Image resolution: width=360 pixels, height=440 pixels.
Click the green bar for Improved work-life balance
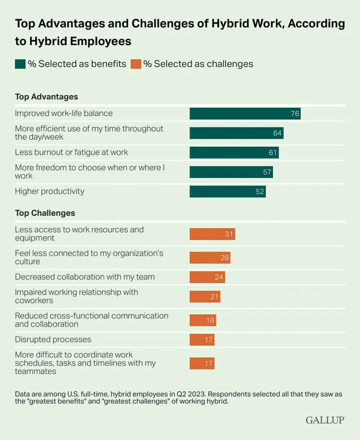click(245, 113)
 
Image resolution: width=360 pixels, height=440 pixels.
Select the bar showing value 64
click(237, 133)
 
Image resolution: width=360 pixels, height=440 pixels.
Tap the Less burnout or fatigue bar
click(234, 153)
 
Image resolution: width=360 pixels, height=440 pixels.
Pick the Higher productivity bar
click(228, 192)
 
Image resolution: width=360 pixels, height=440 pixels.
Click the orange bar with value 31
click(212, 234)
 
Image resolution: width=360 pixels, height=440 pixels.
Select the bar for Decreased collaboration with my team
click(207, 277)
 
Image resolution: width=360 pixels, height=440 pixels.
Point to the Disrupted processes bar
click(202, 340)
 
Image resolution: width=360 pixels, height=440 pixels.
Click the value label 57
click(267, 172)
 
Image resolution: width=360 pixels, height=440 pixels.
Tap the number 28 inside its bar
click(225, 258)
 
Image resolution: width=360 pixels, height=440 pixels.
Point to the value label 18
click(210, 320)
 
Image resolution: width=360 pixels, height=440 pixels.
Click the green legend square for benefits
click(20, 64)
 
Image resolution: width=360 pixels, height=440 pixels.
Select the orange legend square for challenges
click(136, 64)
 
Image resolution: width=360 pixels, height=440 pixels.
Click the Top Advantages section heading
click(46, 97)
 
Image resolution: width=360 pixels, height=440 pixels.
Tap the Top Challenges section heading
click(45, 213)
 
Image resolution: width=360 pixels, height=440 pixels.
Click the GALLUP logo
click(325, 420)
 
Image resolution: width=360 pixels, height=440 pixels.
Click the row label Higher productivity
click(50, 191)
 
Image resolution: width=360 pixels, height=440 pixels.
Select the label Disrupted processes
click(53, 339)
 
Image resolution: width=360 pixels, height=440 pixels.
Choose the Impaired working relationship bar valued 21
click(205, 296)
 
